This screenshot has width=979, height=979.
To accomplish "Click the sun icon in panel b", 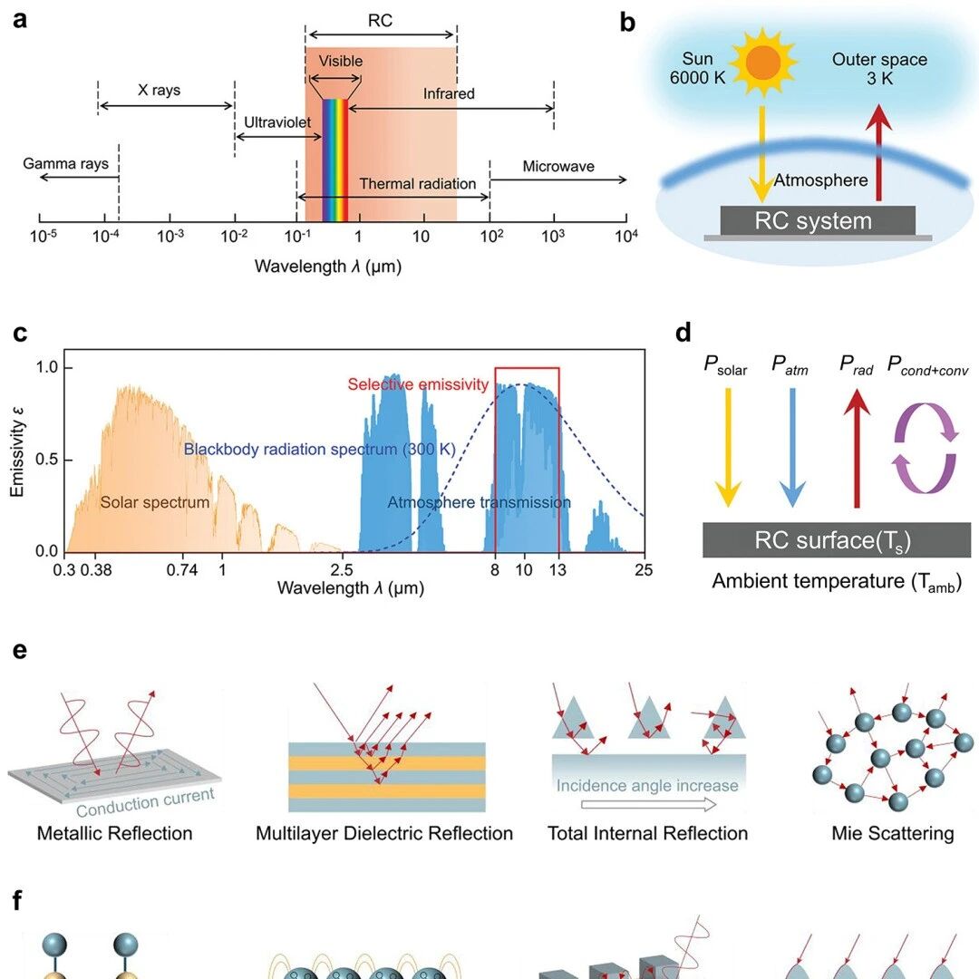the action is tap(763, 63).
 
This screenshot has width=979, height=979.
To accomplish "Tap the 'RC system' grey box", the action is tap(818, 221).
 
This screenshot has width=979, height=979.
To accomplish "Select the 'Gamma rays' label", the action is tap(65, 163).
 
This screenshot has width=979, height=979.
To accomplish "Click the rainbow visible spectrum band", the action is tap(334, 160).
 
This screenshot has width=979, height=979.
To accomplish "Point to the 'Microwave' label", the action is tap(558, 166).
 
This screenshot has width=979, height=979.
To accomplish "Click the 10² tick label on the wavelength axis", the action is tap(491, 236).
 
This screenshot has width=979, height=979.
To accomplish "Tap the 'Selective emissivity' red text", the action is tap(418, 384).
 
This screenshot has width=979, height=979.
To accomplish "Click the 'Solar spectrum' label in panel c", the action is tap(155, 502).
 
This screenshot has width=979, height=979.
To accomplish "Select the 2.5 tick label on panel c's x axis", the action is tap(342, 569).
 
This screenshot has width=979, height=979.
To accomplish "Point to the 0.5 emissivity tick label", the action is tap(46, 460).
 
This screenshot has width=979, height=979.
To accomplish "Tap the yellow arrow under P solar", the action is tap(728, 447).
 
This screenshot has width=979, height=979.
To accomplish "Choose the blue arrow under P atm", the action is tap(792, 447).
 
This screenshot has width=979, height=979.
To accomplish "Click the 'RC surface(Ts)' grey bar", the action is tap(837, 539).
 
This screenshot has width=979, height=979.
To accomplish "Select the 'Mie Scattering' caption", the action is tap(893, 833).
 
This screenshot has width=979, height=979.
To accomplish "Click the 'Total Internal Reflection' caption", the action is tap(647, 833).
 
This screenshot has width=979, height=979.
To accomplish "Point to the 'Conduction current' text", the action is tap(145, 803).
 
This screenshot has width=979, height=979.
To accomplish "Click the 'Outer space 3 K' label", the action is tap(879, 69).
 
